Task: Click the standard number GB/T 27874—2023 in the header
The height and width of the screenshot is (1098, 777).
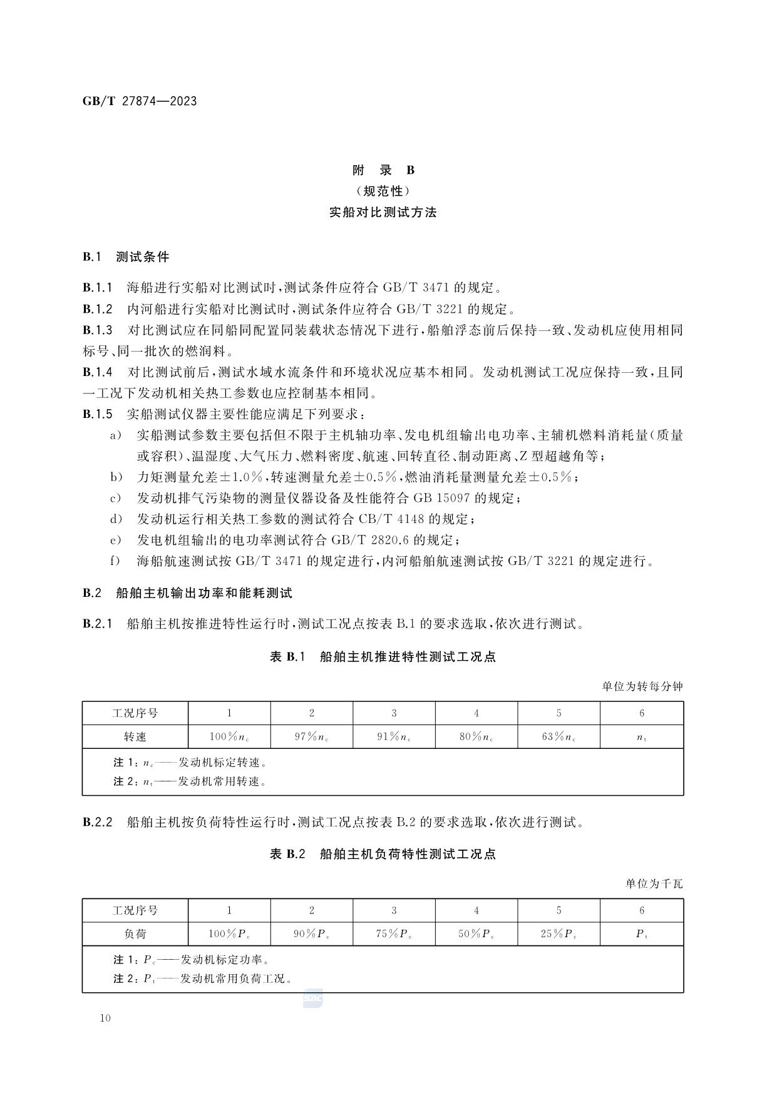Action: [140, 101]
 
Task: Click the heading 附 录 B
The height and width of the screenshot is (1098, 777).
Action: [383, 170]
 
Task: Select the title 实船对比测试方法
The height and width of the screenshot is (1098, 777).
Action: [383, 213]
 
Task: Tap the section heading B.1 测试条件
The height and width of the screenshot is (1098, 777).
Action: [126, 257]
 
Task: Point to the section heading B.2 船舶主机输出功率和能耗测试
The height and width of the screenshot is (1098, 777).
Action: [187, 593]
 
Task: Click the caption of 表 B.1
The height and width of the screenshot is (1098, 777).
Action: [383, 657]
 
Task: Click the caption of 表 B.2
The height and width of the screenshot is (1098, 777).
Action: [383, 854]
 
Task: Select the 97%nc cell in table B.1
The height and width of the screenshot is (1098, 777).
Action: [312, 737]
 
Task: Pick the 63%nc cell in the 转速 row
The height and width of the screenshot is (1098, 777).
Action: [558, 737]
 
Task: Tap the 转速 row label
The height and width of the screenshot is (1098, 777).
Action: [135, 737]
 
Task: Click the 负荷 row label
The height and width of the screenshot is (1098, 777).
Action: [135, 934]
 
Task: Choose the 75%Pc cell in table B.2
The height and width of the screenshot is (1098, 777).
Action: [394, 934]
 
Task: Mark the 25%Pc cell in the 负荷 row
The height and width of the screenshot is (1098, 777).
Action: [558, 934]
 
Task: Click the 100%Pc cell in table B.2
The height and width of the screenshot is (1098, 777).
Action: [229, 934]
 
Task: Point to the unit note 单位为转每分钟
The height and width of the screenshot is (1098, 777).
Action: [642, 686]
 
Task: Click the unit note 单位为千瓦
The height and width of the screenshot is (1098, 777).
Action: [654, 883]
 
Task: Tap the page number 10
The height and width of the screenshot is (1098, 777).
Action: [105, 1018]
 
